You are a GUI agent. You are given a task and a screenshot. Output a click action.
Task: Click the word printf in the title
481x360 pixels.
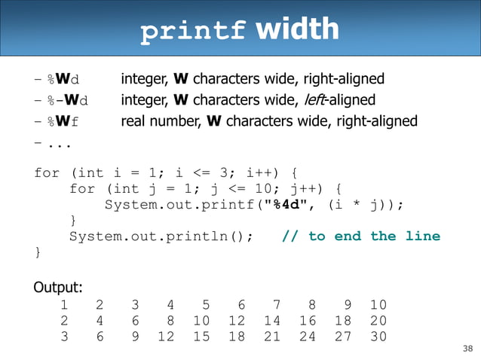click(x=193, y=31)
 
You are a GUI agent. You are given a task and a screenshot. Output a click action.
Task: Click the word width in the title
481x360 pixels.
click(x=297, y=29)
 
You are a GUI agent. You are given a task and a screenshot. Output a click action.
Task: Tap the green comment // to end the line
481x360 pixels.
click(x=360, y=236)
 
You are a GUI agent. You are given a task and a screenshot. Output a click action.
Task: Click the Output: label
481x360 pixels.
click(x=58, y=288)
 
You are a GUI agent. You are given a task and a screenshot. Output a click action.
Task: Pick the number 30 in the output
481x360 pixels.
click(x=378, y=336)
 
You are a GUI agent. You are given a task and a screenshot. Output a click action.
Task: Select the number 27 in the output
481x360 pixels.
click(x=342, y=336)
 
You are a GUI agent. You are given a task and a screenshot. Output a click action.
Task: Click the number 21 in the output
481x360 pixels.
click(x=272, y=336)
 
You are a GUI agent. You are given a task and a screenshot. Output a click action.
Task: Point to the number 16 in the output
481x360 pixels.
click(x=307, y=320)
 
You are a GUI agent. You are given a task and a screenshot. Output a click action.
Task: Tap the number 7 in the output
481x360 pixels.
click(x=277, y=305)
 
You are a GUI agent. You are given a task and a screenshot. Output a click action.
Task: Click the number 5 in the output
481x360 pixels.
click(x=206, y=305)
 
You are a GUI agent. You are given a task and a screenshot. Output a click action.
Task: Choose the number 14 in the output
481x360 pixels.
click(x=272, y=320)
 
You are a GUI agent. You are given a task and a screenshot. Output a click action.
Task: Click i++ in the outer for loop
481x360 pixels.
click(x=268, y=172)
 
